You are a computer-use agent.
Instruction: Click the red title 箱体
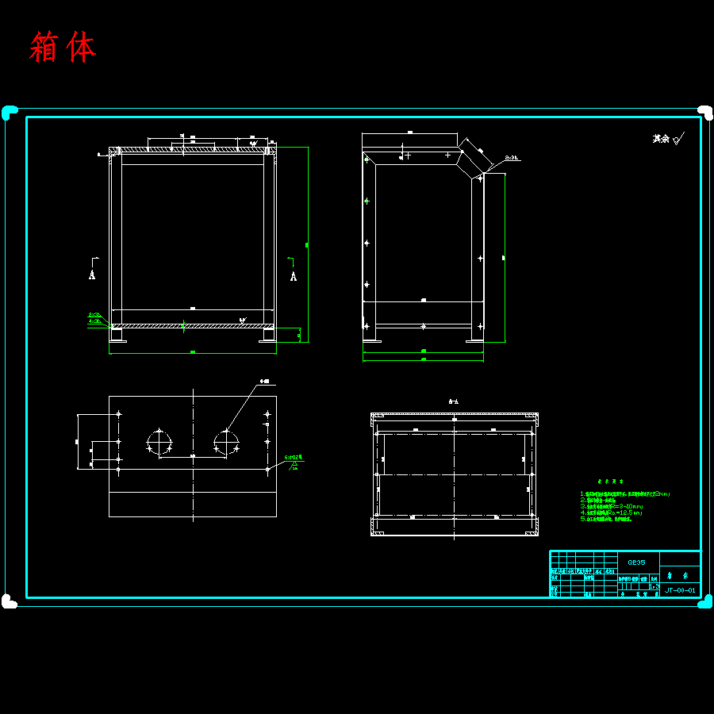click(x=63, y=48)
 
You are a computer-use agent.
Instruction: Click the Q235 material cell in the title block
click(x=636, y=562)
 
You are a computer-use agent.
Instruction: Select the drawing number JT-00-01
click(x=680, y=590)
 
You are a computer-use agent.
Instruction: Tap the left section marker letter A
click(x=93, y=275)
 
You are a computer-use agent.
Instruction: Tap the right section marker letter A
click(x=294, y=276)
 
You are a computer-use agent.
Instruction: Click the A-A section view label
click(x=455, y=402)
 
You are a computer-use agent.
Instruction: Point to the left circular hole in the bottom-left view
click(x=159, y=442)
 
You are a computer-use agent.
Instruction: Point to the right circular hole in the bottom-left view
click(x=226, y=442)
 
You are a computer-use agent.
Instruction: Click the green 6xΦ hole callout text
click(x=294, y=458)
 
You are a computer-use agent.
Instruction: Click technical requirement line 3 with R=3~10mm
click(x=611, y=506)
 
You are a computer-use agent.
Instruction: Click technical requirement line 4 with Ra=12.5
click(x=611, y=512)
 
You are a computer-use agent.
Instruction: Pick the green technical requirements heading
click(x=610, y=481)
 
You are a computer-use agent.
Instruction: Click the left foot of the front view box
click(x=117, y=336)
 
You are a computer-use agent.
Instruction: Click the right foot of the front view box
click(x=267, y=336)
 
